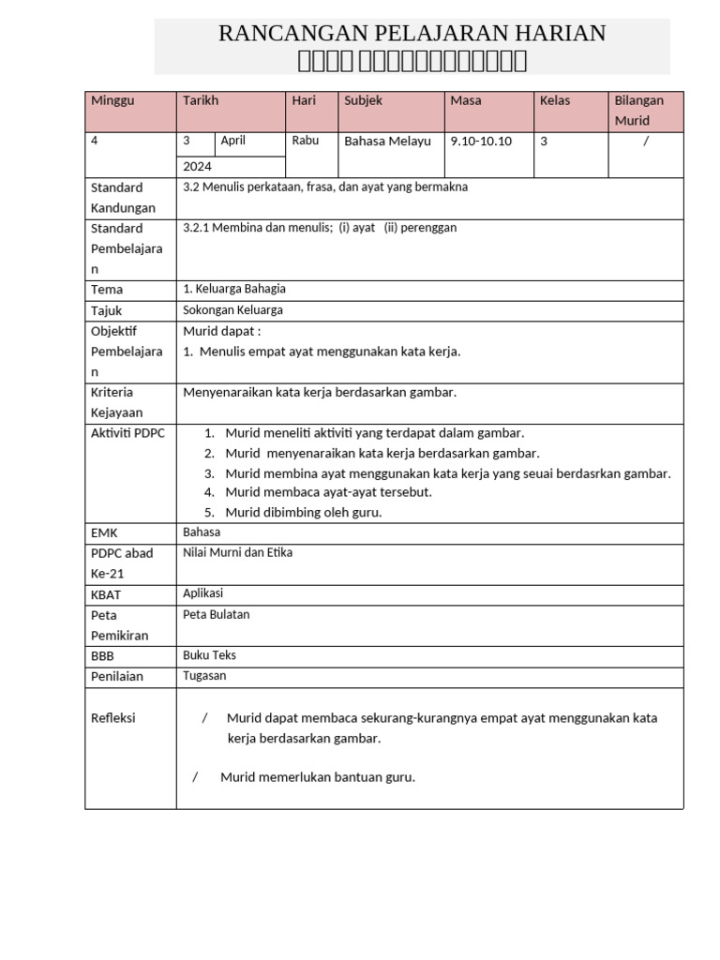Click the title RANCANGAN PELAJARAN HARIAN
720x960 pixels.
412,34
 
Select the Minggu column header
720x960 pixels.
112,101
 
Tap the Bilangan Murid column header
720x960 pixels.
638,111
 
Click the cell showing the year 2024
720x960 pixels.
198,166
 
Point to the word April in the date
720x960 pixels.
233,141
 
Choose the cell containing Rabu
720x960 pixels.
306,141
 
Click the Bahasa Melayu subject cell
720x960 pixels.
388,142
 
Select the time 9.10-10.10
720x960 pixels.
481,142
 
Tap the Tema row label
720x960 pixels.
107,290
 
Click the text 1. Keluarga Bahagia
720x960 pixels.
234,289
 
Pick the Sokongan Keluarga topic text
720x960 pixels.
233,310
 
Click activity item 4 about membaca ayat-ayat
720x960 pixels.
328,492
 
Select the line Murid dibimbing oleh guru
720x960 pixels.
304,513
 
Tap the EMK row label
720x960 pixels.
104,533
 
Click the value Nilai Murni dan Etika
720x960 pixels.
238,552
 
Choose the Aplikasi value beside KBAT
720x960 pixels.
203,593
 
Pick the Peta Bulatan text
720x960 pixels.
217,615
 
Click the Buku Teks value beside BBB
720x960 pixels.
210,655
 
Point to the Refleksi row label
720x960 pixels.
113,718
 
